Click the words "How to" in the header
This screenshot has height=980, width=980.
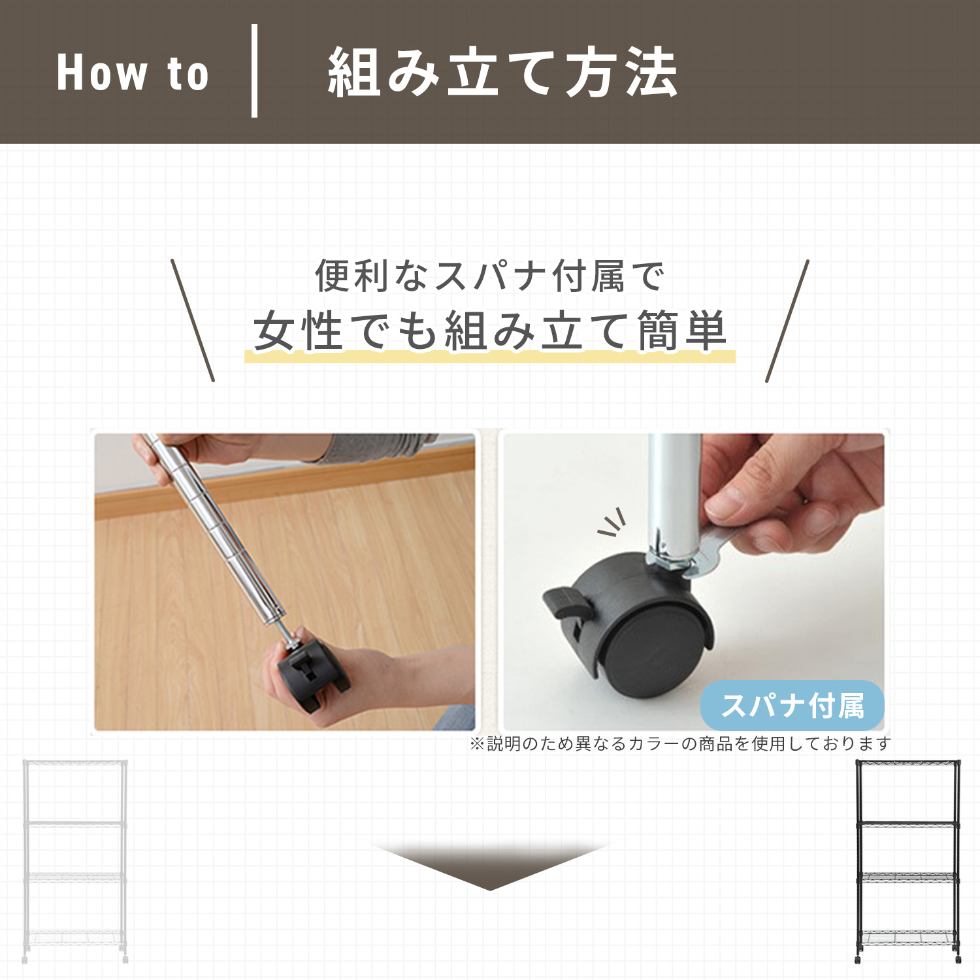coord(133,73)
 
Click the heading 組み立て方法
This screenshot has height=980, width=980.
coord(502,73)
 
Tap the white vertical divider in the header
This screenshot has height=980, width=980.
coord(254,71)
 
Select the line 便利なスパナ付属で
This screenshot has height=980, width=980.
coord(489,276)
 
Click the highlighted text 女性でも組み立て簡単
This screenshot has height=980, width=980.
coord(490,331)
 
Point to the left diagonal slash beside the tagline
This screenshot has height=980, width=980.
coord(193,320)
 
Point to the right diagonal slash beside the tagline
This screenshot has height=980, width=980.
coord(787,320)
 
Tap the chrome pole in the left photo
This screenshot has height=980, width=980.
coord(216,529)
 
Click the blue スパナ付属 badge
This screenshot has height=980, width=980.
coord(792,706)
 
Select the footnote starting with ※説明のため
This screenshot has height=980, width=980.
coord(680,743)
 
